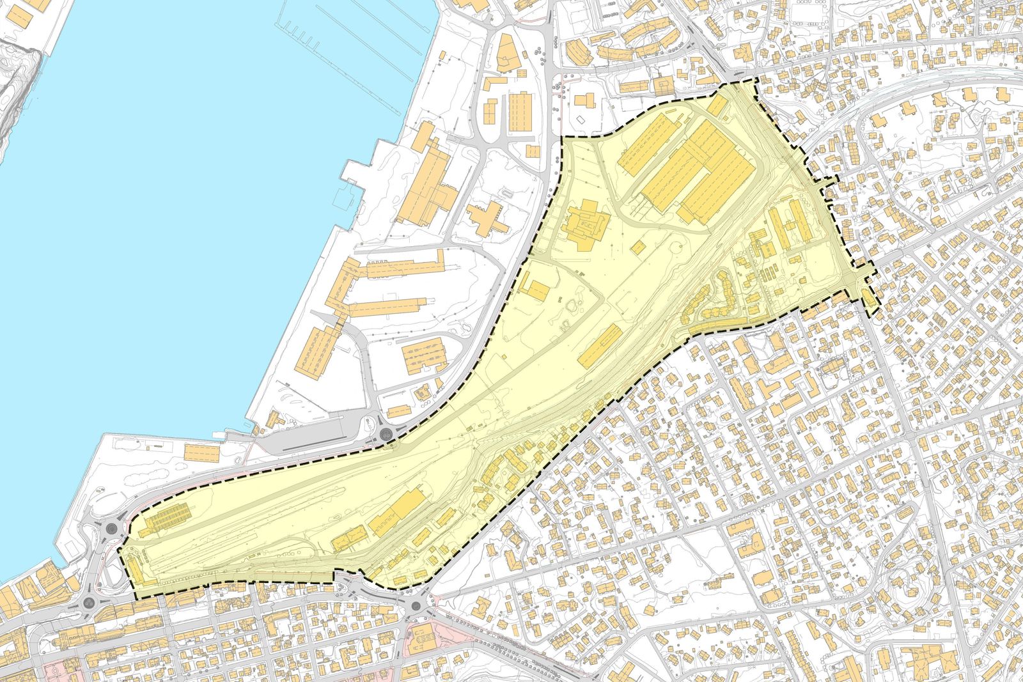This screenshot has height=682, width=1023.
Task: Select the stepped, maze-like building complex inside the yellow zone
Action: pos(584,225)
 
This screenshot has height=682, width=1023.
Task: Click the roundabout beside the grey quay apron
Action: pos(387,434)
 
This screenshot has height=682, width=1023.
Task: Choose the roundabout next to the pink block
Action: pos(416,605)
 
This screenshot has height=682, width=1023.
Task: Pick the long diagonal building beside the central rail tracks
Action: pos(600,346)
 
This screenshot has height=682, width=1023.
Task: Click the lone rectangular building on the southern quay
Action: pos(202,452)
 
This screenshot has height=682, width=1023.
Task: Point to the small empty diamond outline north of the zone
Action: pos(580,120)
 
